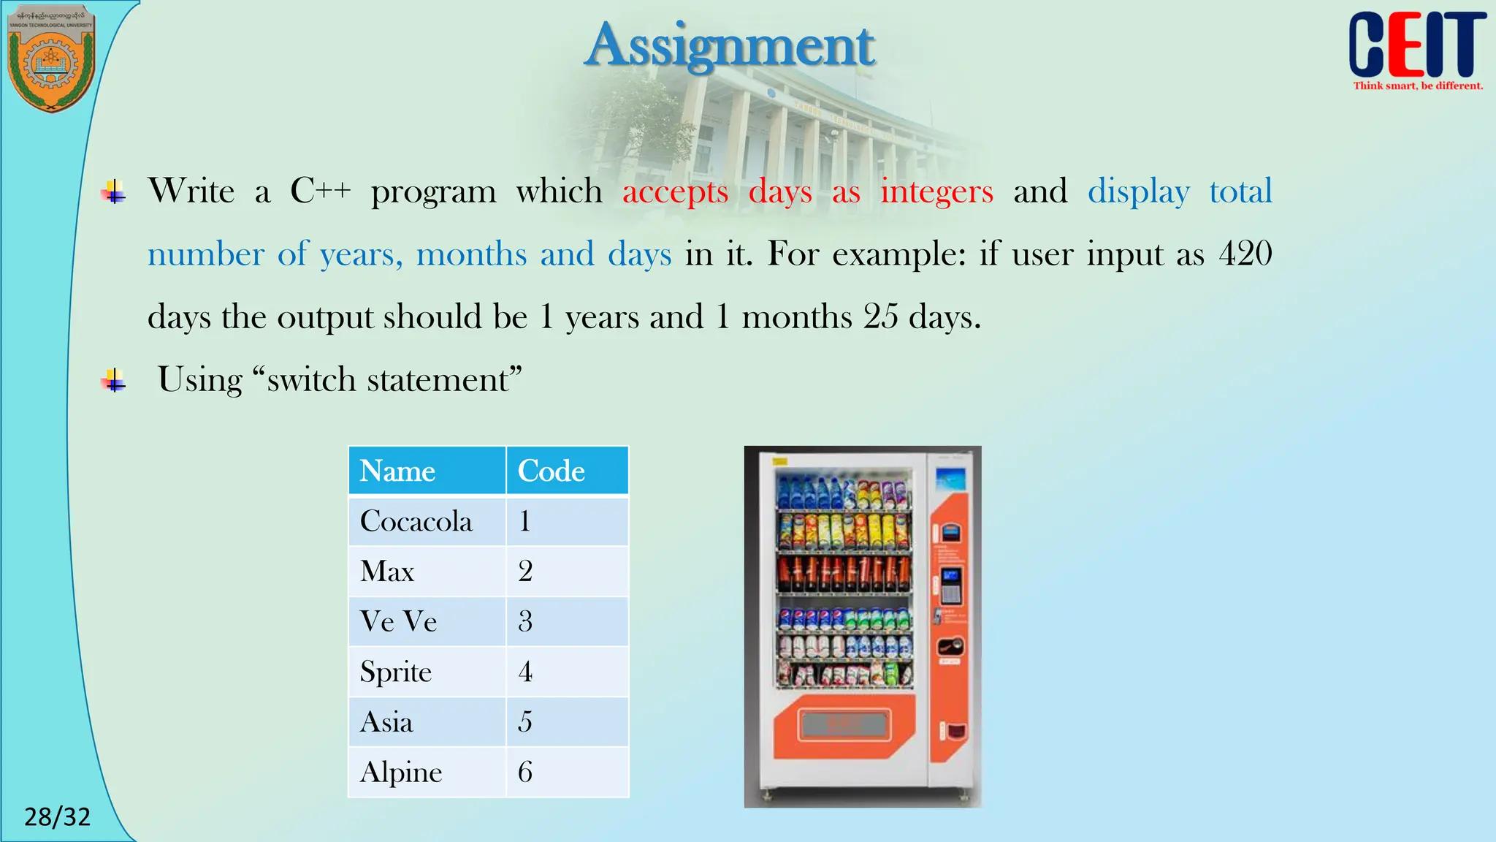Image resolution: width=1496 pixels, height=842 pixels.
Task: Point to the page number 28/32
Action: point(58,816)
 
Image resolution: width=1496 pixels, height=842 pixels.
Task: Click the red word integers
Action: point(936,191)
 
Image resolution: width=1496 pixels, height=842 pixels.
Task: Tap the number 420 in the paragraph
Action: point(1245,254)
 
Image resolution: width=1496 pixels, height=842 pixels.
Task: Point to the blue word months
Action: point(471,254)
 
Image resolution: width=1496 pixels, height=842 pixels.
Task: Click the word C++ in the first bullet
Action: point(320,191)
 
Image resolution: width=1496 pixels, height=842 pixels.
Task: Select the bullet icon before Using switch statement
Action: point(113,380)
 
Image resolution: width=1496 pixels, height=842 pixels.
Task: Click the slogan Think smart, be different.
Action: point(1418,86)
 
